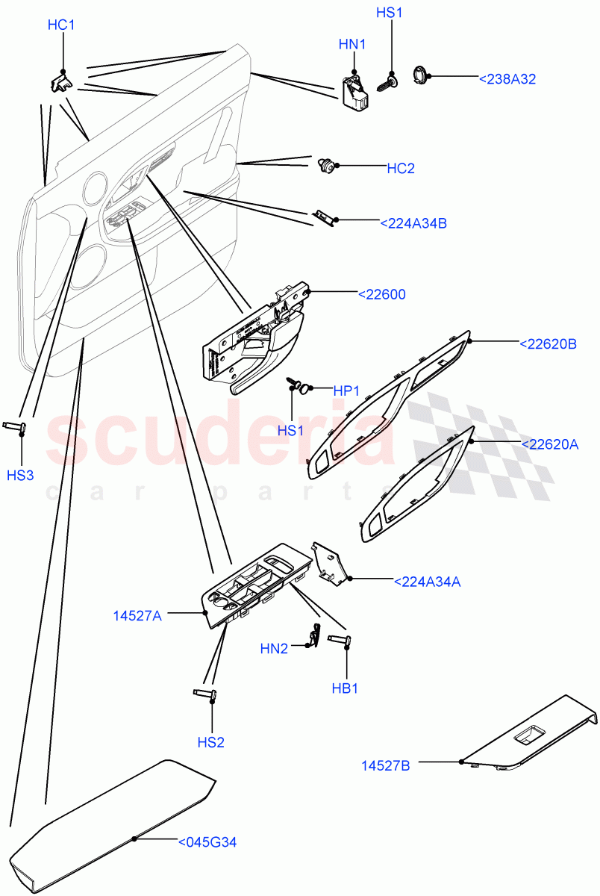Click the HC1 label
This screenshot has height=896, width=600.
(x=61, y=25)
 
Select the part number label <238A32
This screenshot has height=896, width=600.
(x=506, y=78)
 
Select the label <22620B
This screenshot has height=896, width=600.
(x=548, y=343)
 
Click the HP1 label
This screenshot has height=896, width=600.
(x=347, y=390)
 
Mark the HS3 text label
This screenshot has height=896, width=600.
(x=20, y=476)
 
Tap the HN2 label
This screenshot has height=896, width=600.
(x=273, y=649)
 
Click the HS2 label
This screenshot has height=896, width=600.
(x=210, y=742)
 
